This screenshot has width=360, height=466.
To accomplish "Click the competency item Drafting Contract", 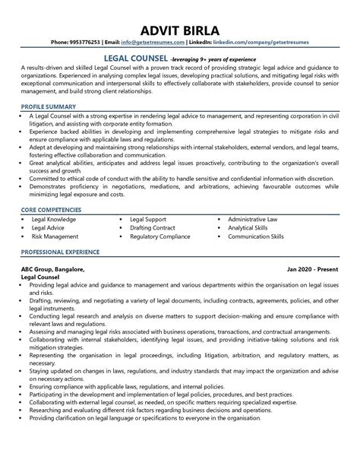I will (153, 227).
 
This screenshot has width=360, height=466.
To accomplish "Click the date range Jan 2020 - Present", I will (313, 270).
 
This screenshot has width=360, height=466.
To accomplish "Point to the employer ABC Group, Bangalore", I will (53, 270).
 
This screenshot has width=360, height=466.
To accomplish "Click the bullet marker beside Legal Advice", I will (24, 227).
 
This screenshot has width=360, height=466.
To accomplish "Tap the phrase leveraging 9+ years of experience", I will (219, 58).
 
